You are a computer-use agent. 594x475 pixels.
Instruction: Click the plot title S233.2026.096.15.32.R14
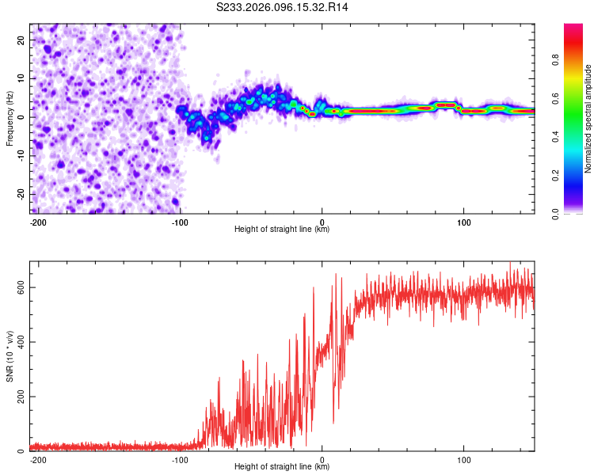point(283,7)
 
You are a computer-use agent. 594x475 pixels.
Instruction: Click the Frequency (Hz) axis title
point(10,119)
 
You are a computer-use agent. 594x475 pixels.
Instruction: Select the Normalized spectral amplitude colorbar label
point(589,119)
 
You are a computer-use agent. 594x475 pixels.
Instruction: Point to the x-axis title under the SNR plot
point(282,466)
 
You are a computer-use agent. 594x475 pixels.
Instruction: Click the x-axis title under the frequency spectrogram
point(282,229)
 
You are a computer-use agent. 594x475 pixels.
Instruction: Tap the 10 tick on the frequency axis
point(21,78)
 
